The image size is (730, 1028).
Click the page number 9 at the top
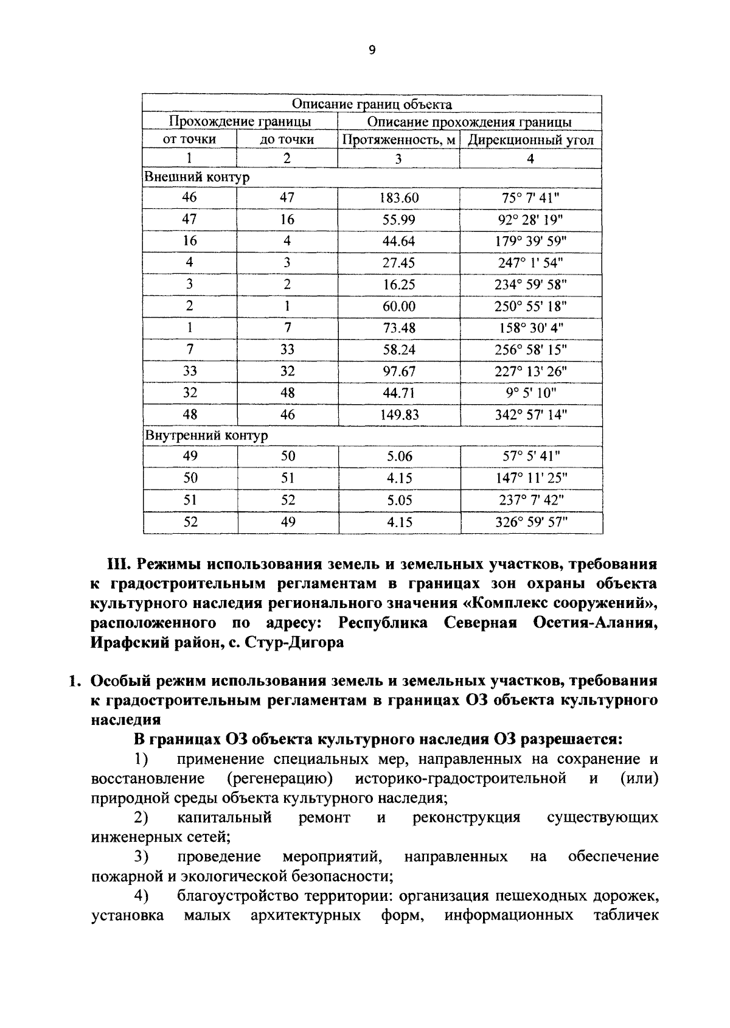coord(372,51)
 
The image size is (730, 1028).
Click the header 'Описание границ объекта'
coord(372,104)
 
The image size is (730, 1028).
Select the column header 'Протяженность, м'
coord(399,140)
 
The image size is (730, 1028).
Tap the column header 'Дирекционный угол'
coord(530,140)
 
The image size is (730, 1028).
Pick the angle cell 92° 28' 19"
coord(530,220)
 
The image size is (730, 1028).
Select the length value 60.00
coord(399,306)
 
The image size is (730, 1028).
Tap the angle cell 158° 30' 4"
coord(530,328)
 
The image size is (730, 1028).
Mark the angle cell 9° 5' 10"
coord(530,393)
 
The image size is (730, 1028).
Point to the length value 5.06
coord(399,456)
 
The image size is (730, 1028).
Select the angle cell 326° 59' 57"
coord(530,522)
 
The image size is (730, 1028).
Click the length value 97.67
coord(399,371)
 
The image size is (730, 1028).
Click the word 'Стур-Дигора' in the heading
coord(295,643)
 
